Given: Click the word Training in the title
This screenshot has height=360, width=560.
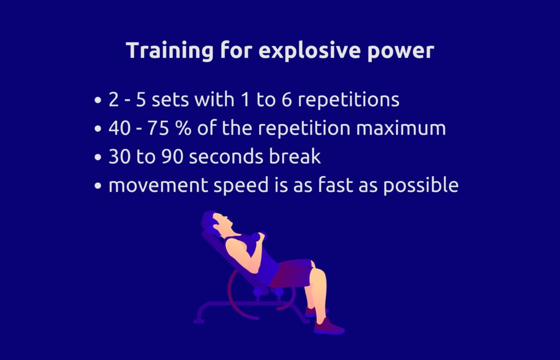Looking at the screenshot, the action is (x=170, y=51).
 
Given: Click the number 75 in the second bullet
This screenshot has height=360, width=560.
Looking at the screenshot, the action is (x=158, y=128).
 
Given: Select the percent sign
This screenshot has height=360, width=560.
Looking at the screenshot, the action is (x=183, y=128).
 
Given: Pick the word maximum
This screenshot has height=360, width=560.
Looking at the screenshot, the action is (x=401, y=128).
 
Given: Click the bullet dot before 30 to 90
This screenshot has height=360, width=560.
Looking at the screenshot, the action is (x=98, y=158).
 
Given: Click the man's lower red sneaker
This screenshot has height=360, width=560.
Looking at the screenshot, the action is (x=329, y=326).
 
